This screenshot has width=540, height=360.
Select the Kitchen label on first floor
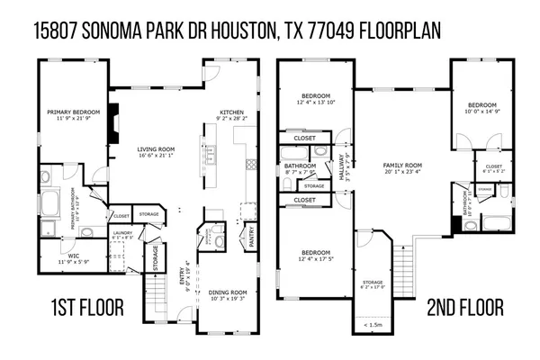coord(231,112)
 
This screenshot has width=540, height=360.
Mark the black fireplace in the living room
coord(111,131)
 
